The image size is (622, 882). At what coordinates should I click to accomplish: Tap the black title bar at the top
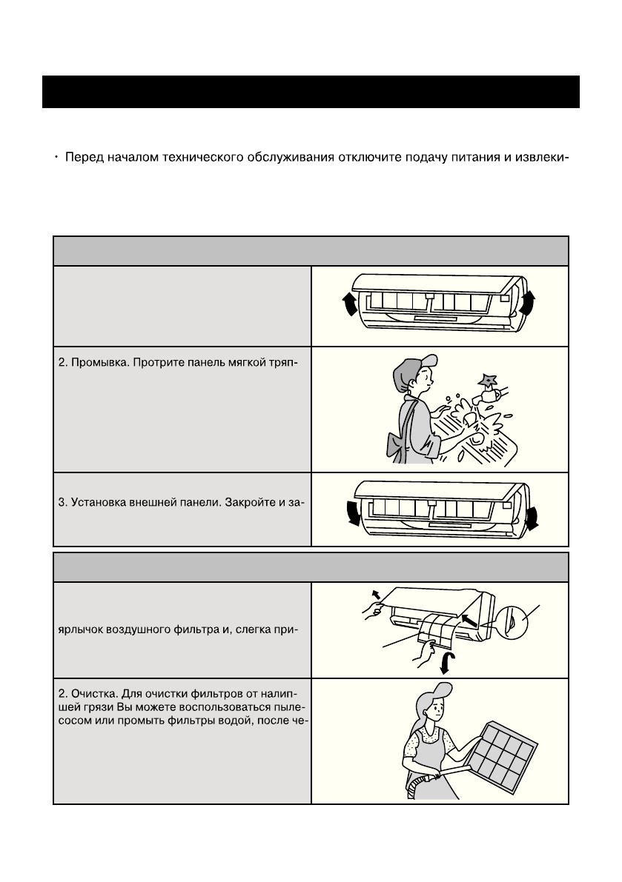pos(310,91)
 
